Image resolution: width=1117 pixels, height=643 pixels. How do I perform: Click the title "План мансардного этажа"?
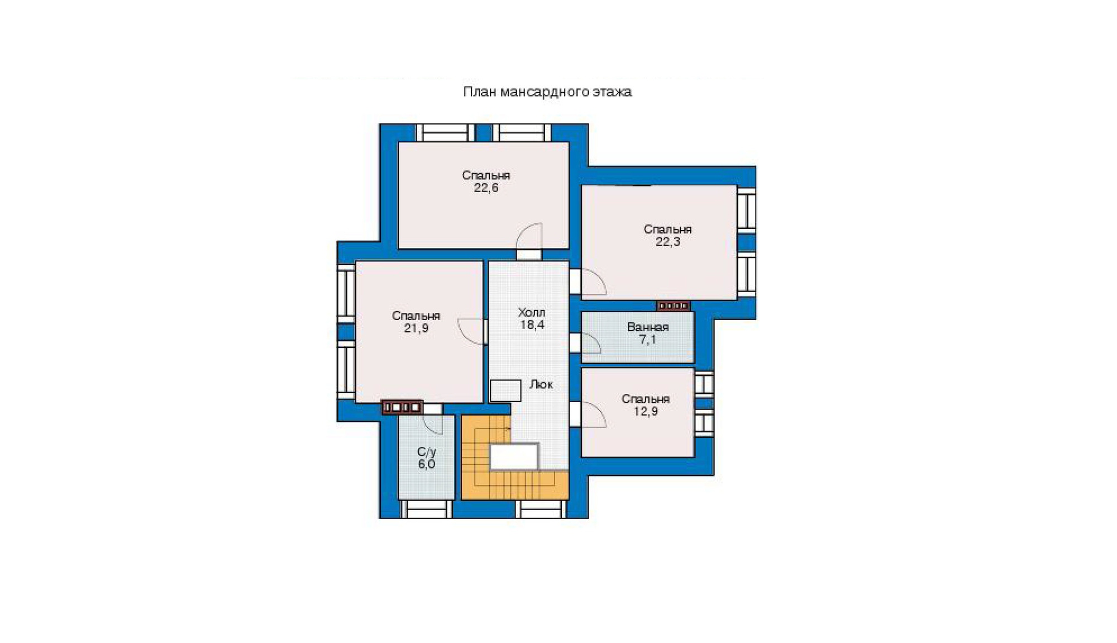[547, 92]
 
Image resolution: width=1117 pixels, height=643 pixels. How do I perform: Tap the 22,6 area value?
[486, 188]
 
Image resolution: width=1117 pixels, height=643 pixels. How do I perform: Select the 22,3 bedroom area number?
[667, 242]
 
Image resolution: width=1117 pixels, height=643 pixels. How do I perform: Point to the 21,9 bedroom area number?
[416, 328]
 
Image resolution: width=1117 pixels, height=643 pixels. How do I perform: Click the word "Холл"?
[532, 312]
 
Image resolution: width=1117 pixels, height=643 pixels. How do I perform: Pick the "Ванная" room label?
[648, 327]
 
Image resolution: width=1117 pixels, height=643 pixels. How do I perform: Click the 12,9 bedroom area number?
[645, 412]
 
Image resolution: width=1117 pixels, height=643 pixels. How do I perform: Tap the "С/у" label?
[427, 452]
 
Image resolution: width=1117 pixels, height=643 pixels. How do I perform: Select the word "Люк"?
[541, 384]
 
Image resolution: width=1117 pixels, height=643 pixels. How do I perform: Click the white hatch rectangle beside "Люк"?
[505, 391]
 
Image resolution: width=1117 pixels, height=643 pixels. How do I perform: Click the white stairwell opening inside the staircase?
[514, 456]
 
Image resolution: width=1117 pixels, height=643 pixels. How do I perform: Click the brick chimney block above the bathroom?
[673, 306]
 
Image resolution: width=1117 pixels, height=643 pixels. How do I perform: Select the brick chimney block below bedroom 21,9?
[402, 407]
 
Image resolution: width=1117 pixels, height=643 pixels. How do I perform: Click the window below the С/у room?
[426, 509]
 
